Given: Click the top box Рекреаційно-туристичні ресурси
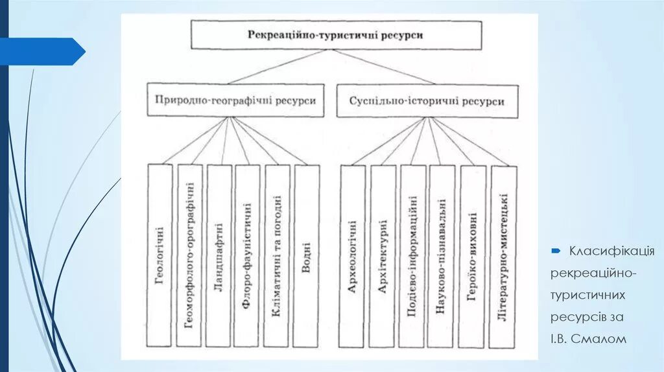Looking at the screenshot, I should [336, 35].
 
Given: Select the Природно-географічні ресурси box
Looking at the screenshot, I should [235, 101].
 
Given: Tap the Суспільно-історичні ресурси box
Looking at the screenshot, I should [427, 102].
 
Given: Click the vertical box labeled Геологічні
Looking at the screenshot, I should [160, 255].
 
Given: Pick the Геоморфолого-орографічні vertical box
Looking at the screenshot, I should [189, 255].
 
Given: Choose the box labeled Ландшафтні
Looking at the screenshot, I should [219, 255].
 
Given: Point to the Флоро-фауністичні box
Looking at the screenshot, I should [247, 255].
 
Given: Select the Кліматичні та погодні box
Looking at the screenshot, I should [277, 255].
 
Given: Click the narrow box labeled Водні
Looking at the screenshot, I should [306, 255].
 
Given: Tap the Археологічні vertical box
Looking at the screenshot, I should [352, 256].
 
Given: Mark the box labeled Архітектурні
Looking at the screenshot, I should [382, 256].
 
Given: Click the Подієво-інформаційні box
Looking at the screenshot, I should [412, 256].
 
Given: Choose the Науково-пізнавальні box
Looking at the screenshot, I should [442, 256].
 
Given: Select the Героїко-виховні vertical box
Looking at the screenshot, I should [472, 256].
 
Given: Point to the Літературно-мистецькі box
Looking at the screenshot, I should [504, 256].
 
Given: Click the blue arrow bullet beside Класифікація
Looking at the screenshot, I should [556, 250].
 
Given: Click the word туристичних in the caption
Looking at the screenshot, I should [588, 295].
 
